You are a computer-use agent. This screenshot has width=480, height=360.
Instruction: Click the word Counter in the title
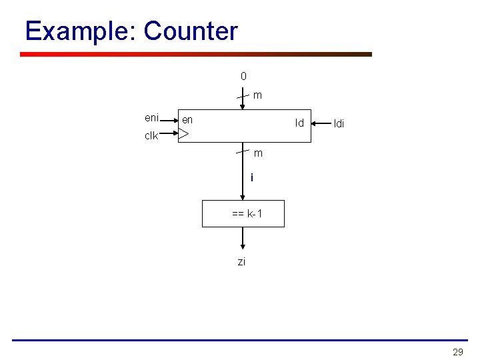click(191, 31)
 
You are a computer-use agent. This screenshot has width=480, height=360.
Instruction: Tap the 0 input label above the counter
click(243, 76)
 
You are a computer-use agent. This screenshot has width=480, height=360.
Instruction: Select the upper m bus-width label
click(257, 95)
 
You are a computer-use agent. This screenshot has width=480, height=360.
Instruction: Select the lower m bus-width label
click(258, 153)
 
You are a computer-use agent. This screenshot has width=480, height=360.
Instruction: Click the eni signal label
click(151, 118)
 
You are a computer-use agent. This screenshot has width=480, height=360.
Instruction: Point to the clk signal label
click(151, 136)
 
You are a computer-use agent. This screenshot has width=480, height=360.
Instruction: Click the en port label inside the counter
click(187, 120)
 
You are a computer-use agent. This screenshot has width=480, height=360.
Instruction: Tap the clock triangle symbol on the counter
click(184, 135)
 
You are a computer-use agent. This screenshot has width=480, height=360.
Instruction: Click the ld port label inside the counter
click(299, 123)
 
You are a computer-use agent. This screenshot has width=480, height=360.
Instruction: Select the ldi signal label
click(339, 124)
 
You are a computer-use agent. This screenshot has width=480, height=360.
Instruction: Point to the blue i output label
click(251, 178)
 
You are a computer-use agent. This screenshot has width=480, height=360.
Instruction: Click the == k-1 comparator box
click(243, 214)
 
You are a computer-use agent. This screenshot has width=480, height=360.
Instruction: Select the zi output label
click(241, 262)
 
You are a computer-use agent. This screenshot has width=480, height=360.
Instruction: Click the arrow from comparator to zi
click(243, 238)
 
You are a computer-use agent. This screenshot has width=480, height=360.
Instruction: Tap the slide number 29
click(457, 352)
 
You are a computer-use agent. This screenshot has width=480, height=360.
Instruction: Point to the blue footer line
click(240, 340)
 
